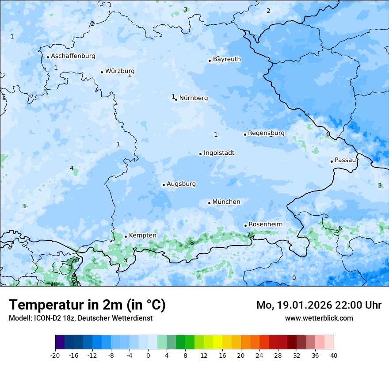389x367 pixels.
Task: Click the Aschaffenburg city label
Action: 73,56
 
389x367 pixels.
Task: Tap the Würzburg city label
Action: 120,71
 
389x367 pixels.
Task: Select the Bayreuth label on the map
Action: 227,59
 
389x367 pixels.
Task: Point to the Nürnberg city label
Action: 193,98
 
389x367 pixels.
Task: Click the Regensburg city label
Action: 266,133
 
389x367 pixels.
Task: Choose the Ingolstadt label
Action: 219,153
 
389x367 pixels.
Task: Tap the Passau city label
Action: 345,160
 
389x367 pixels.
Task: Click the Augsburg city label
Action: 181,184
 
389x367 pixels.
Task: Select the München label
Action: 226,202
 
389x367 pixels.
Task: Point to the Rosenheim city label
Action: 265,225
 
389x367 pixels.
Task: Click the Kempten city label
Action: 142,236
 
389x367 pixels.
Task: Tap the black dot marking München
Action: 209,203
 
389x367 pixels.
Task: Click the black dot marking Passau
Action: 332,161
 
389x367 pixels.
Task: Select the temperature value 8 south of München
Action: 192,243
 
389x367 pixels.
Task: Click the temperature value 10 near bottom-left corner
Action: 54,284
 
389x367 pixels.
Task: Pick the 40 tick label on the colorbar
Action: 334,356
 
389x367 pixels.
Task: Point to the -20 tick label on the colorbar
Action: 55,356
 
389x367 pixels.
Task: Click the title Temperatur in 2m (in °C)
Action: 87,305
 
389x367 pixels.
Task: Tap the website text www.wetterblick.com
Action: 319,318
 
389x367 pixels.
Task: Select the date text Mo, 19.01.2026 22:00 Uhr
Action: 319,305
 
